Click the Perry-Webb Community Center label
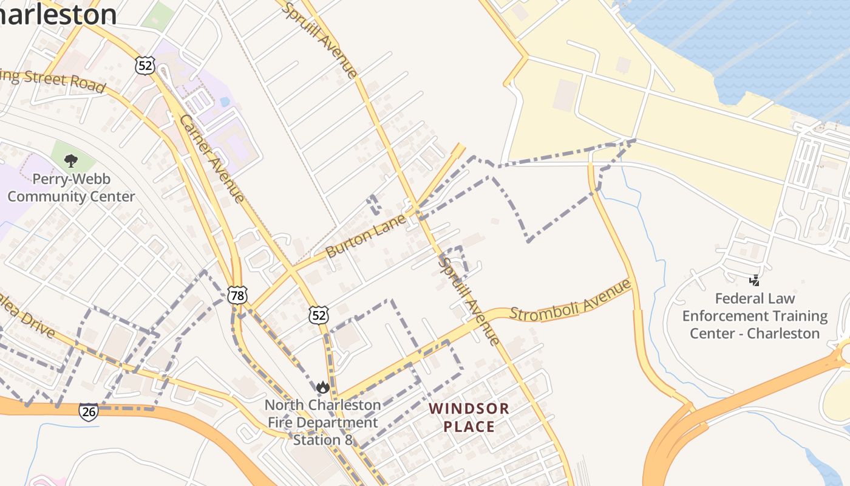tap(71, 188)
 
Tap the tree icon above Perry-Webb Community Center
tap(71, 161)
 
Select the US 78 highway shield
tap(237, 296)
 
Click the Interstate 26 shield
tap(88, 412)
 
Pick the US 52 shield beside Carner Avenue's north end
tap(145, 66)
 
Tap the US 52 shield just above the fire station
tap(319, 315)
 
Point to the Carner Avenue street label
tap(212, 158)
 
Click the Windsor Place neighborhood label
tap(469, 417)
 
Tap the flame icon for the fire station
tap(322, 387)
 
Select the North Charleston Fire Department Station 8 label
tap(322, 422)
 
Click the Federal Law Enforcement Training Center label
tap(755, 316)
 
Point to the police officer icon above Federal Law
tap(754, 280)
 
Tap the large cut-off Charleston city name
tap(58, 15)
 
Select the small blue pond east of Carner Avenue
tap(225, 101)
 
